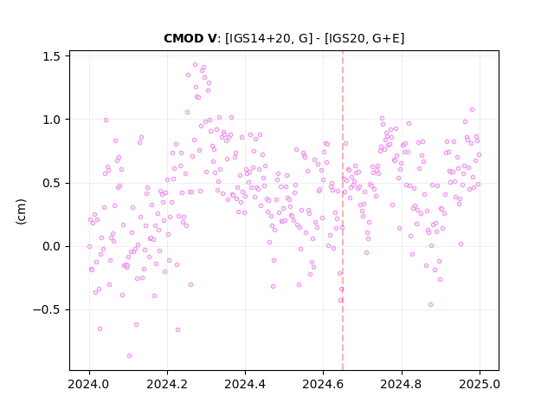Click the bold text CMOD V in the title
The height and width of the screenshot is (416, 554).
190,38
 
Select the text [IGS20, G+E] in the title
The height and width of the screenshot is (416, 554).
364,38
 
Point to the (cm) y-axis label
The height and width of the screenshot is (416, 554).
21,211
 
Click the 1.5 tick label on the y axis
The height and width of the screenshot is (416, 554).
51,56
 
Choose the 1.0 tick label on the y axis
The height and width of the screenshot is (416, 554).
51,120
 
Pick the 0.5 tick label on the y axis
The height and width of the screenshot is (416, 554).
51,183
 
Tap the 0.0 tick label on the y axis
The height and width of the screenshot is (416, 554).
51,246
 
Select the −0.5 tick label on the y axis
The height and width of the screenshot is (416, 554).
47,310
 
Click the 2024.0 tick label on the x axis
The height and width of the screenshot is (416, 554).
89,384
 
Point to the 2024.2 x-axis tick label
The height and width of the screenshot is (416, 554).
167,384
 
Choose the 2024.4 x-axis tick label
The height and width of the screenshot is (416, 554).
245,384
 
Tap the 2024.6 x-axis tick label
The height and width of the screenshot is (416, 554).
323,384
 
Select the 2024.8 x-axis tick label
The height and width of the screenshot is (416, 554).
401,384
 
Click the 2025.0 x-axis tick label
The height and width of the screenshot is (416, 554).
480,384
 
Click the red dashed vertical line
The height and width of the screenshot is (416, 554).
343,211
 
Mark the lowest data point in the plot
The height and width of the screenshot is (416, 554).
129,356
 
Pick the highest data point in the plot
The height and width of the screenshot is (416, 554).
195,65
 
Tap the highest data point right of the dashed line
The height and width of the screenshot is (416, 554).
472,110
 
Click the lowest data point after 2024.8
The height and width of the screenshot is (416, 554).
430,304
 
